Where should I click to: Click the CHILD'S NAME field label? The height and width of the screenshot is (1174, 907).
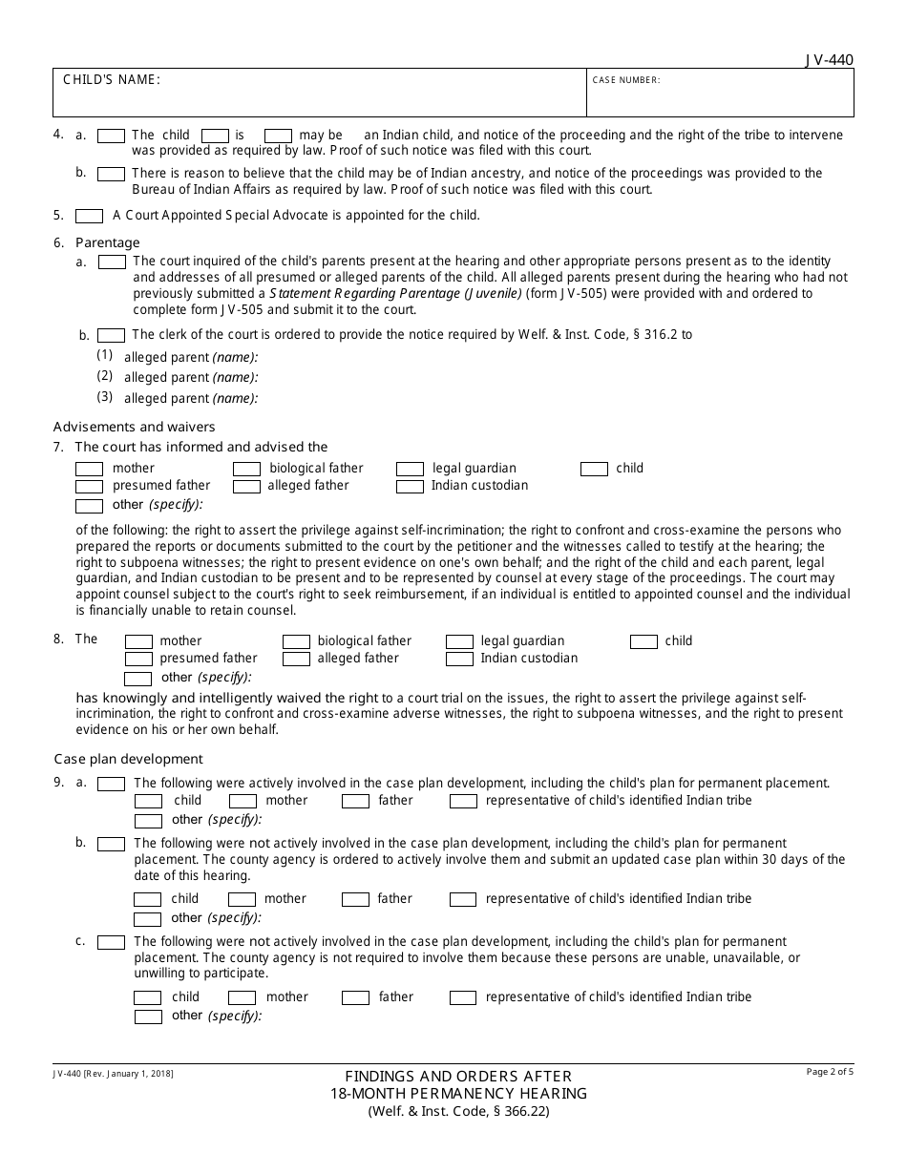111,80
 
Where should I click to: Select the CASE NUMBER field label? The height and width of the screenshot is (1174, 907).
625,80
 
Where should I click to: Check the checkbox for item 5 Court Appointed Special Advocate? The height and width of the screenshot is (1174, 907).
89,216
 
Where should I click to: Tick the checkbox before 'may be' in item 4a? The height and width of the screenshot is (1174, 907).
278,136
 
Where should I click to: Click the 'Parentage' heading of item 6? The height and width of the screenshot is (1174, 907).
108,242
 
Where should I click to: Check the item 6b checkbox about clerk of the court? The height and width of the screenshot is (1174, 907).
111,335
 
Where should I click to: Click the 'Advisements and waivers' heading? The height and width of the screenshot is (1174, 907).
135,427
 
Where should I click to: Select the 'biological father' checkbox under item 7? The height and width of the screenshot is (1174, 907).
246,469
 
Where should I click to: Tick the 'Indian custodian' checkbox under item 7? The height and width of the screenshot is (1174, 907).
410,486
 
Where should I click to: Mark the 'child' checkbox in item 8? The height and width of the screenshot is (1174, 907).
643,641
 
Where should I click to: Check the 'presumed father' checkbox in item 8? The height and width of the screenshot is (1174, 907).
138,659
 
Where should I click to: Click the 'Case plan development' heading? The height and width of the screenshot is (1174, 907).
128,759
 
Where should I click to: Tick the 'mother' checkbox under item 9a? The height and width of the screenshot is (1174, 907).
243,801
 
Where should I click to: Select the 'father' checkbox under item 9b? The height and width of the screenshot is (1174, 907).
355,899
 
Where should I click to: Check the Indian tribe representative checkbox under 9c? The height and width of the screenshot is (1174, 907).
462,997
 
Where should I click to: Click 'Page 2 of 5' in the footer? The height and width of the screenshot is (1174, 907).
830,1072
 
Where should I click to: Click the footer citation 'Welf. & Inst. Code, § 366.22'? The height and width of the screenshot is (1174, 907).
453,1111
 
